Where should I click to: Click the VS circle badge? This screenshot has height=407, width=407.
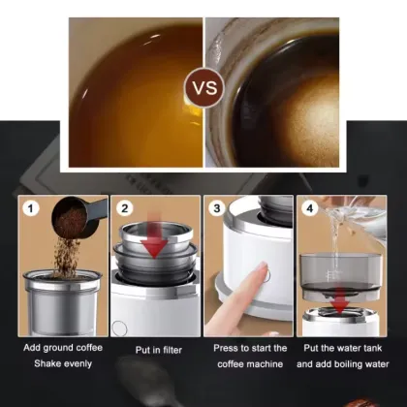click(x=203, y=86)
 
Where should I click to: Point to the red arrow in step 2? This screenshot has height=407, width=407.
click(x=154, y=245)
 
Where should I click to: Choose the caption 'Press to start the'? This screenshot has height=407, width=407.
click(x=249, y=348)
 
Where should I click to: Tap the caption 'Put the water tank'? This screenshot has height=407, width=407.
click(x=342, y=348)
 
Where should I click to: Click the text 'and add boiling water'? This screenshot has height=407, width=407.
click(x=342, y=364)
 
